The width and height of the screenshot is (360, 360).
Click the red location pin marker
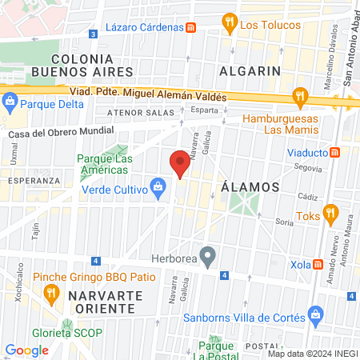point(180,164)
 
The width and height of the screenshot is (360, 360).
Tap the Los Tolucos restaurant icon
point(229,22)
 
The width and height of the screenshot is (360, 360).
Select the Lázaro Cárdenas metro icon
point(191,26)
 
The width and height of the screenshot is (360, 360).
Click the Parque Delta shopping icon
point(10,102)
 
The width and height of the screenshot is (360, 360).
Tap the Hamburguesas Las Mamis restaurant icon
point(300,96)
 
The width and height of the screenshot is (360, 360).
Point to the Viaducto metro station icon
point(335,152)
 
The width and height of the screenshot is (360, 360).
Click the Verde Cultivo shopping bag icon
point(158,189)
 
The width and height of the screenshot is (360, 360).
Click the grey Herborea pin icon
point(208,258)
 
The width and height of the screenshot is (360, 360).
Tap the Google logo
point(26,350)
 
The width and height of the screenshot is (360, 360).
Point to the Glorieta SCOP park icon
point(68,327)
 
